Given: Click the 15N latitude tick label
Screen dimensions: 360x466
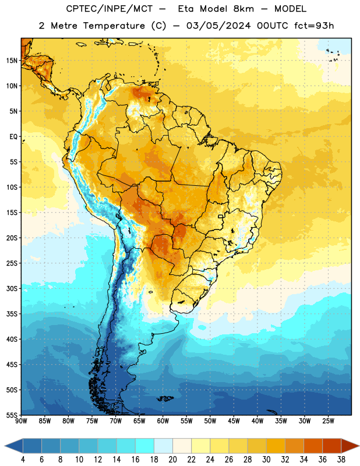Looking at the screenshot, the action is click(12, 61).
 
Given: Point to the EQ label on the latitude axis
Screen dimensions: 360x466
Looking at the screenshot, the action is click(13, 137).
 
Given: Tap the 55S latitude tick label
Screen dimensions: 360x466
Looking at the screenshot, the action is click(12, 415).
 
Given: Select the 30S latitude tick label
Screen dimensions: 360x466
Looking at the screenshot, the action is click(12, 288).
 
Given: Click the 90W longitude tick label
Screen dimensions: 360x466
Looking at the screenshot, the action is click(22, 421).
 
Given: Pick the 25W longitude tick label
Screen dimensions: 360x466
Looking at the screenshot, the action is click(328, 421).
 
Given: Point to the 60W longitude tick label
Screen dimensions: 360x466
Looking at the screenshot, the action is click(163, 421).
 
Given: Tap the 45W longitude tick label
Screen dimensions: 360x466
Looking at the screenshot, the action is click(234, 421).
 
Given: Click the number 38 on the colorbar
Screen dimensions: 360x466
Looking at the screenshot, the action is click(341, 460).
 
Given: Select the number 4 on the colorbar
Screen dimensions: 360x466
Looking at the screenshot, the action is click(23, 460).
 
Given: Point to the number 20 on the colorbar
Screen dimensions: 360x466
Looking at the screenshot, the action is click(172, 460).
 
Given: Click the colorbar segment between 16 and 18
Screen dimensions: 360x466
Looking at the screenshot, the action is click(145, 446).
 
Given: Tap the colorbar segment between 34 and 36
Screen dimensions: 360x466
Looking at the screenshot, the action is click(313, 446).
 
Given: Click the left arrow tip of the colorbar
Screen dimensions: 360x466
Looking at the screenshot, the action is click(5, 446).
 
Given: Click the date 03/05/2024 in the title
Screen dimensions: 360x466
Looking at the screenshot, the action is click(218, 26).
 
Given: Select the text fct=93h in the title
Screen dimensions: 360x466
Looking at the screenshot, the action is click(314, 26).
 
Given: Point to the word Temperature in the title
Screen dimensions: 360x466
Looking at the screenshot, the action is click(114, 26).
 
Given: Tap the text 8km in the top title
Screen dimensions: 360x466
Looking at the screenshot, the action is click(243, 9).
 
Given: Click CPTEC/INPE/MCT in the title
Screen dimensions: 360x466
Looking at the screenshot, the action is click(109, 9).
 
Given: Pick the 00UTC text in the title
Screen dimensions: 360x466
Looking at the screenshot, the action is click(272, 26).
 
